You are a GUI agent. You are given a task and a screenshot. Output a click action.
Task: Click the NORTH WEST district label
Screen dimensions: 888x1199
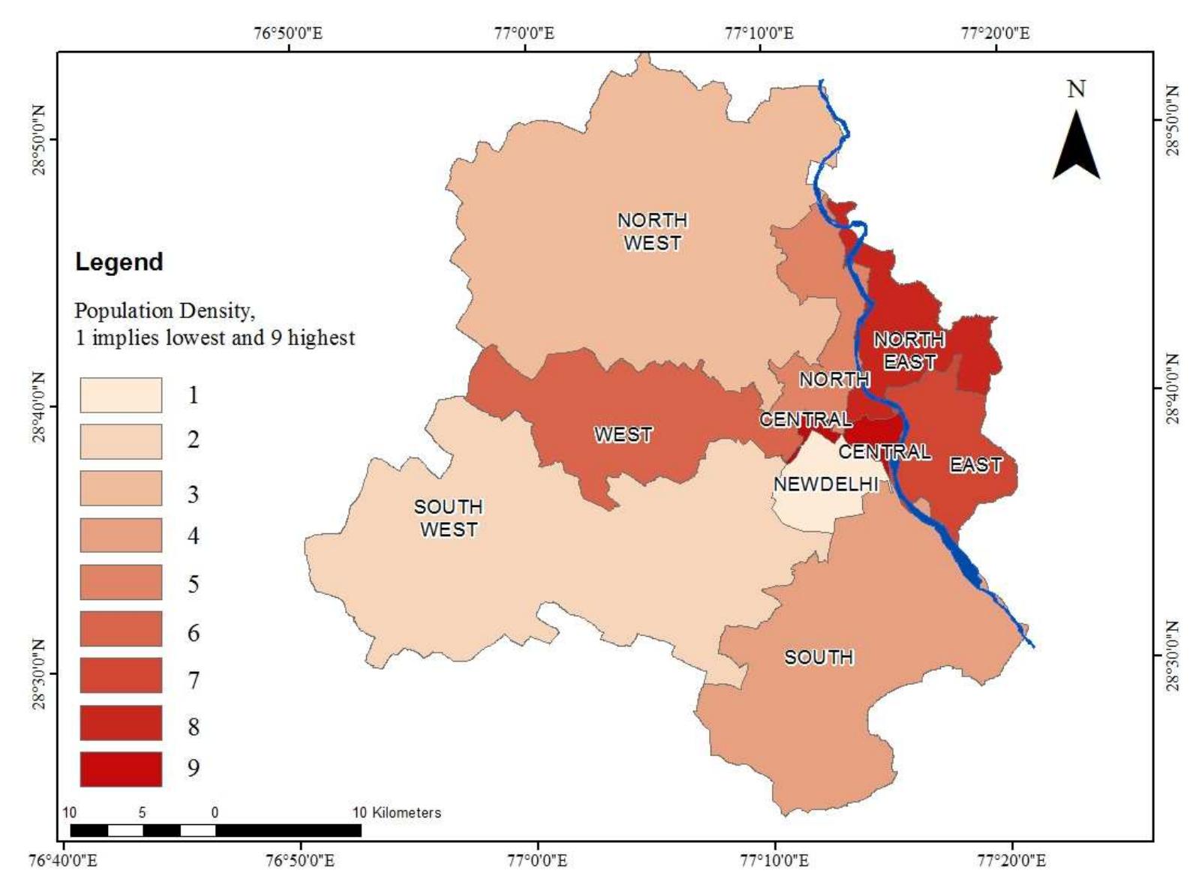(x=652, y=231)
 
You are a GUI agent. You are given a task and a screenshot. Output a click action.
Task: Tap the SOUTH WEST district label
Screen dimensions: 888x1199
(x=448, y=517)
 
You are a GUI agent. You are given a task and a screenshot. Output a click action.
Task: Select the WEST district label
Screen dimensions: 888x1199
(x=623, y=434)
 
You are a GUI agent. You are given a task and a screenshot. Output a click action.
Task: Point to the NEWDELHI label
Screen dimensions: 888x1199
(x=825, y=484)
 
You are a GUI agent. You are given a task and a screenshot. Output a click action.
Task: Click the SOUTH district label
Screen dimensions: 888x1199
(x=819, y=657)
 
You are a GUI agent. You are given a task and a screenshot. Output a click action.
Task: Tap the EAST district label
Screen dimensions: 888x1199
(x=975, y=465)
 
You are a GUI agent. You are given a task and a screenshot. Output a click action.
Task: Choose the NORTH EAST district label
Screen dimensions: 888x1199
(x=909, y=350)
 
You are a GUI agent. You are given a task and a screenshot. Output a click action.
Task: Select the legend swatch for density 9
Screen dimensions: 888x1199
(x=121, y=769)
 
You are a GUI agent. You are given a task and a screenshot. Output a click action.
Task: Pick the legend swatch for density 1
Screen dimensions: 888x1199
(x=121, y=394)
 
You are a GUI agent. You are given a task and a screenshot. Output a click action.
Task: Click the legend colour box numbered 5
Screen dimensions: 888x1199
(x=121, y=582)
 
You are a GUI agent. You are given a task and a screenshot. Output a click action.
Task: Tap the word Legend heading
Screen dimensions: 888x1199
(x=119, y=262)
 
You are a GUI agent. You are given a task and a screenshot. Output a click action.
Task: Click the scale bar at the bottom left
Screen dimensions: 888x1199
(x=215, y=829)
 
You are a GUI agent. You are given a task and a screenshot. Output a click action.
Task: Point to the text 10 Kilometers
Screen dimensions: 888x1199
(x=397, y=812)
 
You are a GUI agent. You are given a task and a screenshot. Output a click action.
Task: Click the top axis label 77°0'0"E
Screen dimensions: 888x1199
(x=524, y=33)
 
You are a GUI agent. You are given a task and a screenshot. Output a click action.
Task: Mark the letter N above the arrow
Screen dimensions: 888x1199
(x=1076, y=89)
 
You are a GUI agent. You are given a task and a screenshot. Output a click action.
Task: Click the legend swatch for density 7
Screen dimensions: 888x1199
(x=121, y=675)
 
